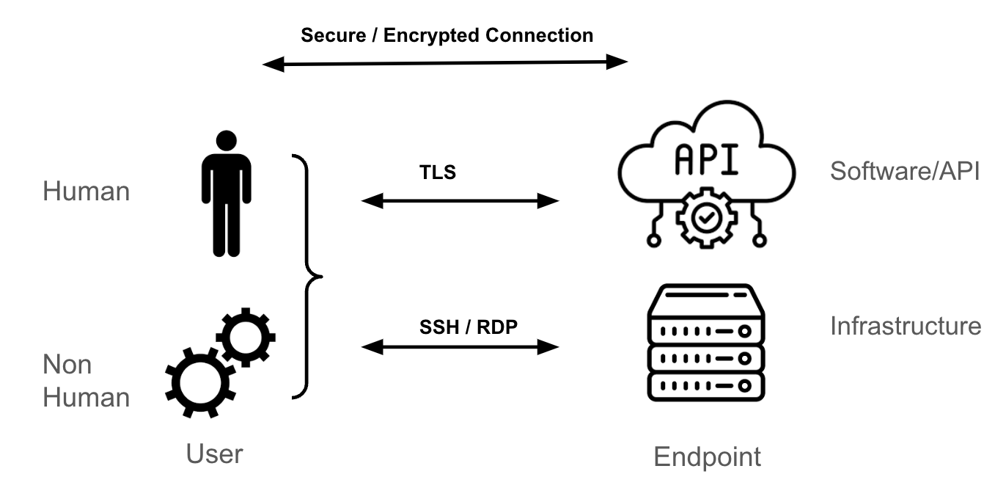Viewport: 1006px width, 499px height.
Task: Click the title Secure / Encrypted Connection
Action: pyautogui.click(x=447, y=34)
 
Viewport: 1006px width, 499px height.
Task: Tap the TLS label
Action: pyautogui.click(x=437, y=172)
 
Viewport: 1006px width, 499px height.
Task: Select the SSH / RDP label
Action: pyautogui.click(x=469, y=327)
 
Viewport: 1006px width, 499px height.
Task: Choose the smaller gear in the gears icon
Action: pyautogui.click(x=246, y=337)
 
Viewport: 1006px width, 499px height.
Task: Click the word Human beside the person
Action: pyautogui.click(x=86, y=192)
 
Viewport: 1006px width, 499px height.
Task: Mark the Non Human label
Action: pyautogui.click(x=86, y=381)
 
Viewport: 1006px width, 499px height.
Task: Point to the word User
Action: pyautogui.click(x=214, y=454)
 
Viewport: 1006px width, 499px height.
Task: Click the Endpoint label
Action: pyautogui.click(x=707, y=457)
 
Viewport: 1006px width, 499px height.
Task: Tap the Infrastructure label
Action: pyautogui.click(x=905, y=325)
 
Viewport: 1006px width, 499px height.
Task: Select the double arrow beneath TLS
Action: pyautogui.click(x=460, y=200)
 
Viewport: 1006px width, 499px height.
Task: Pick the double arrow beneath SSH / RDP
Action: pyautogui.click(x=460, y=346)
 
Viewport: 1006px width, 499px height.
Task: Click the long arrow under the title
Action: pyautogui.click(x=445, y=63)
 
